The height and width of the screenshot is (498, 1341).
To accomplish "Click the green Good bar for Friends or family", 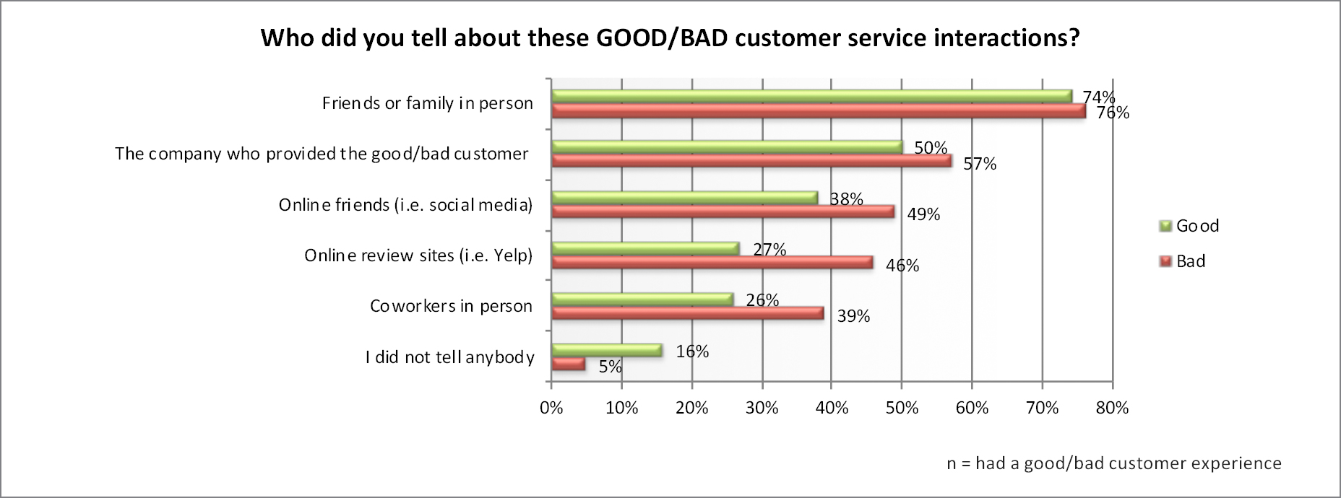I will point(811,96).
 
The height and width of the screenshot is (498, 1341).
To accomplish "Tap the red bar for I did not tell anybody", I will point(568,364).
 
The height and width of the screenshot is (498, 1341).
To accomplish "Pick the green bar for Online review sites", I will point(645,248).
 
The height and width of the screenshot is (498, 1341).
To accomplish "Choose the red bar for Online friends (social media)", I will point(723,211).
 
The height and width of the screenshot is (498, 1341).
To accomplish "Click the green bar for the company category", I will point(727,147).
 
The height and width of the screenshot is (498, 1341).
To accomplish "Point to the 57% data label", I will point(979,164).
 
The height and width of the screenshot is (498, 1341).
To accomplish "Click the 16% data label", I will point(692,351).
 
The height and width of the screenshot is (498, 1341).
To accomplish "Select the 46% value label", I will point(902,266).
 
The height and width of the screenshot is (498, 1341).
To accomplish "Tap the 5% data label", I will point(610,367).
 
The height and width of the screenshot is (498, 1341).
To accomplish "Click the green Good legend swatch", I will point(1165,227).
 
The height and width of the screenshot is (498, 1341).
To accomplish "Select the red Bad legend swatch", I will point(1165,262).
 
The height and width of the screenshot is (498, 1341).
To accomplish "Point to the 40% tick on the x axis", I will point(832,408).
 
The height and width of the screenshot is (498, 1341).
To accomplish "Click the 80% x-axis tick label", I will point(1112,408).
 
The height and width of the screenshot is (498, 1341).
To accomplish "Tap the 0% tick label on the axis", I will point(551,408).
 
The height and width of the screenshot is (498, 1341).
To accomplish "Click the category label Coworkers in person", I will point(451,306).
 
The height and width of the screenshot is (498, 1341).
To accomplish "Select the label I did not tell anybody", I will point(449,357).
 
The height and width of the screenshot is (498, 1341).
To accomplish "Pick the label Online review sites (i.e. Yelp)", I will point(418,255).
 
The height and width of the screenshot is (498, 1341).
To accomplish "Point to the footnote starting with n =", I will point(1113,463).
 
